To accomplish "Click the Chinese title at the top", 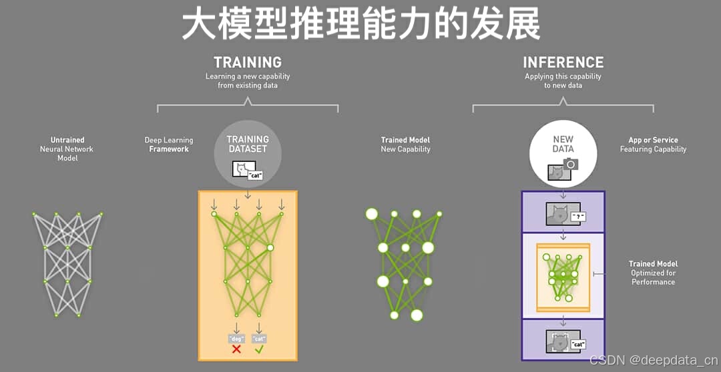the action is coord(360,25).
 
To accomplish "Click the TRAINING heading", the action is coord(247,62).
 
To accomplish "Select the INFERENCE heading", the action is coord(563,62).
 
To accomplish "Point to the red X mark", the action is coord(236,349).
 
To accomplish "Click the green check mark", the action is coord(259,349).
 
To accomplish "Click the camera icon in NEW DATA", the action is coord(570,164).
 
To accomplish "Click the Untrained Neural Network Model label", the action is coord(67,149).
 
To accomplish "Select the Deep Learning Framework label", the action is coord(169,145).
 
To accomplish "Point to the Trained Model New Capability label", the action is coord(405,145).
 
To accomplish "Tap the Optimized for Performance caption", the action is coord(653,277).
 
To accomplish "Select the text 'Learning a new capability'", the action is coord(248,77).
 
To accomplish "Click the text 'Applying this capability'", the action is coord(563,77).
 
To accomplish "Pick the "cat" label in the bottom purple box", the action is coord(577,344).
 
